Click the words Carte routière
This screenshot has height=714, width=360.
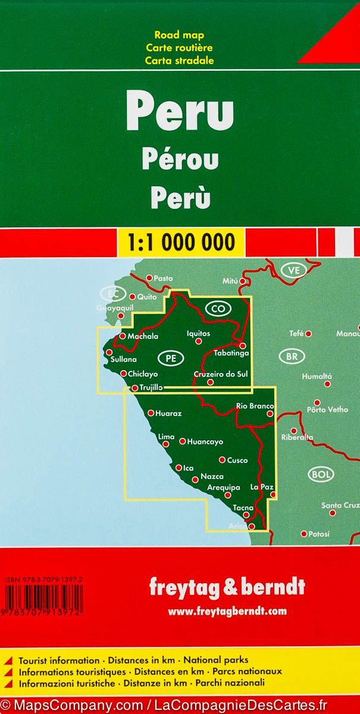click(x=179, y=48)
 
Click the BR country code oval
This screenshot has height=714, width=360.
click(x=292, y=357)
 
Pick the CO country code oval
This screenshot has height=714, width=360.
click(x=217, y=308)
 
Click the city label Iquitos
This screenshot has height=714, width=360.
click(x=198, y=334)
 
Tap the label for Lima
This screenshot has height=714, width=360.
click(x=167, y=437)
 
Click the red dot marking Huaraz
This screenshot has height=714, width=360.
click(x=151, y=412)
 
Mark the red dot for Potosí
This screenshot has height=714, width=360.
click(x=303, y=534)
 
